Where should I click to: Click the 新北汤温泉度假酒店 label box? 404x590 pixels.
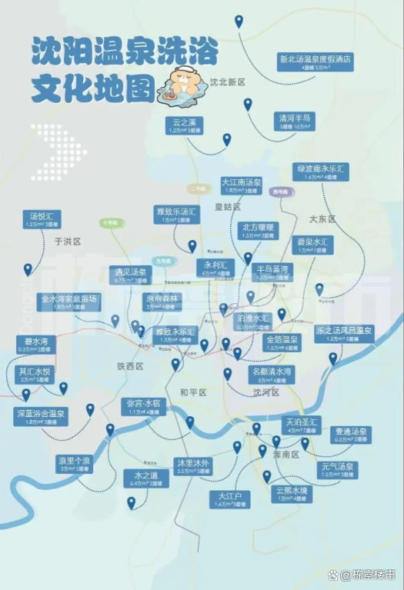click(x=315, y=62)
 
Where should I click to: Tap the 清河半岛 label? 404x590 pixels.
click(x=295, y=122)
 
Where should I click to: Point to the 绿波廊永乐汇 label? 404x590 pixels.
click(x=322, y=172)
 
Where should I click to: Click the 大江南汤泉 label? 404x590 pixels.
click(x=242, y=186)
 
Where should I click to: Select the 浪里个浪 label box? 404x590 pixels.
click(x=74, y=464)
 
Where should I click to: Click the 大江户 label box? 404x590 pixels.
click(x=229, y=499)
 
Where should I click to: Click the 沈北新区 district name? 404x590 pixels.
click(x=227, y=82)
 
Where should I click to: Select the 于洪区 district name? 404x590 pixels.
click(x=68, y=241)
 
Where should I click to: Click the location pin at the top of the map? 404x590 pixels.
click(x=239, y=21)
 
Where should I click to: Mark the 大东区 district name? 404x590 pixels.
click(x=322, y=219)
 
